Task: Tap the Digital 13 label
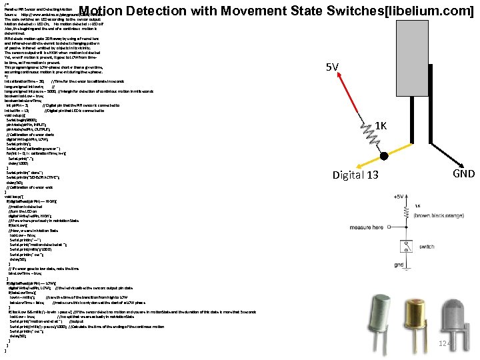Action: click(356, 175)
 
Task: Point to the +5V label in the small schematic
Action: click(398, 197)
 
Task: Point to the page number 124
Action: click(445, 343)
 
